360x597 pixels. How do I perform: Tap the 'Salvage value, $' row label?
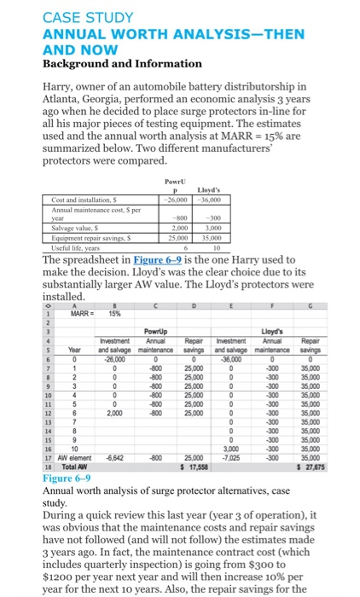(76, 229)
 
